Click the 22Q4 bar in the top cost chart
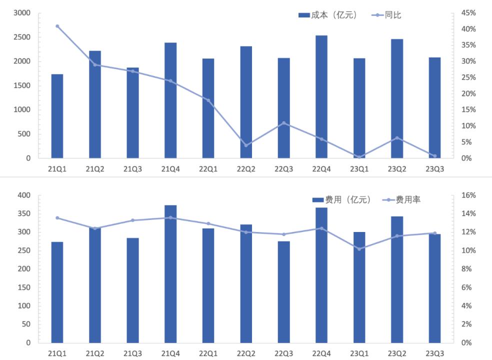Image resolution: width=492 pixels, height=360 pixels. [x=321, y=97]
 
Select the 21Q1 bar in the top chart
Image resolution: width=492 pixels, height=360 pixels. [x=57, y=116]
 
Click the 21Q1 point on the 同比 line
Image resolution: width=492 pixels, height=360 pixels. [x=57, y=26]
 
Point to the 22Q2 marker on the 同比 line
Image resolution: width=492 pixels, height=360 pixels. [x=246, y=145]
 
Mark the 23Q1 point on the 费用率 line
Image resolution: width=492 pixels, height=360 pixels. [x=359, y=249]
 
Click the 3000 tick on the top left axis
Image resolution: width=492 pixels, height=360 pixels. [x=22, y=13]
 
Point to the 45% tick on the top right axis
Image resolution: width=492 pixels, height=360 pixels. [x=468, y=13]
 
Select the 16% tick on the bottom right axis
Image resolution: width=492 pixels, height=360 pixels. [x=468, y=195]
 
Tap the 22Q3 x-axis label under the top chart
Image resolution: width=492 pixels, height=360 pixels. [x=283, y=169]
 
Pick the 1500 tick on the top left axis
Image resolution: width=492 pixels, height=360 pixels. [x=22, y=85]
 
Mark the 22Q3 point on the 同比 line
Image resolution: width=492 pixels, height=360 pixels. [x=283, y=123]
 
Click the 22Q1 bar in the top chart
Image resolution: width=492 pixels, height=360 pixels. [x=208, y=108]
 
